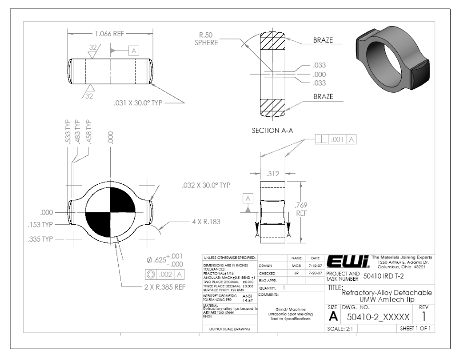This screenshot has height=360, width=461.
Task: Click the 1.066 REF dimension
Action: pos(109,34)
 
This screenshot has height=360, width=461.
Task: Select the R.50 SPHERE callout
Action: pos(208,38)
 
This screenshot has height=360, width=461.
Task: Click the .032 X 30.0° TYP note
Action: pos(206,185)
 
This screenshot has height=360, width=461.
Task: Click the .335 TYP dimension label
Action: pos(42,238)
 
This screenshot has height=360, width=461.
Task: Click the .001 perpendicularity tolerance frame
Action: pos(336,139)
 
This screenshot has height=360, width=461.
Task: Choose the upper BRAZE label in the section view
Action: pos(323,41)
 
